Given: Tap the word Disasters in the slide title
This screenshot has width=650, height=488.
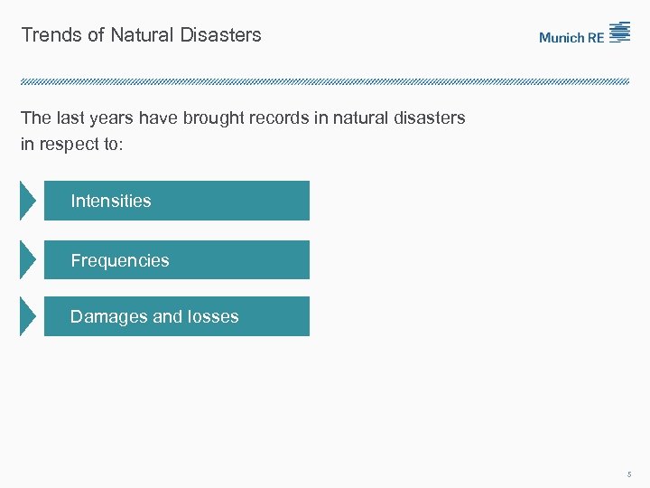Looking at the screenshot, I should click(220, 35).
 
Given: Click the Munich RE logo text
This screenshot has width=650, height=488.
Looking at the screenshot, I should click(572, 37).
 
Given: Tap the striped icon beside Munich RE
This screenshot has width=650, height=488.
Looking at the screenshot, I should click(619, 33).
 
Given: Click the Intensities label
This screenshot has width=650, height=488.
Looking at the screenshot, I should click(111, 201).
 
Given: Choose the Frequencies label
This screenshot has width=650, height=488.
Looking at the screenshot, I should click(120, 260).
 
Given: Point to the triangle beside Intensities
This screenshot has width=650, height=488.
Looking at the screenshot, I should click(28, 201).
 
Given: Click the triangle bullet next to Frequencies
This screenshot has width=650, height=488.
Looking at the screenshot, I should click(28, 260).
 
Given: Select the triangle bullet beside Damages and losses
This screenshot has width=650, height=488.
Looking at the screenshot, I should click(28, 316).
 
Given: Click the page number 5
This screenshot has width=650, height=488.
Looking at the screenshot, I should click(628, 474).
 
